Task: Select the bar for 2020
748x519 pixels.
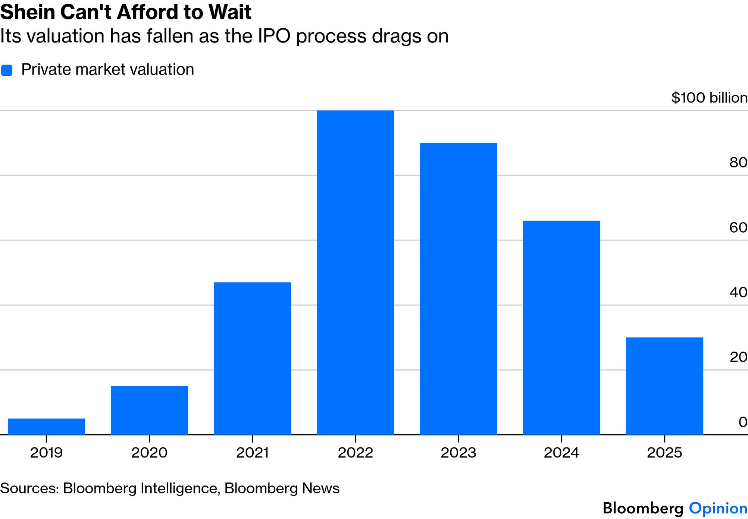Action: coord(149,410)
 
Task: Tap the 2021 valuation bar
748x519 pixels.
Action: coord(252,358)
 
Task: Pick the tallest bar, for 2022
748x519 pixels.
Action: coord(355,272)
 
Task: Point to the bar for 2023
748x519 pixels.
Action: coord(458,289)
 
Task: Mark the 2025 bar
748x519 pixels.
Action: coord(664,386)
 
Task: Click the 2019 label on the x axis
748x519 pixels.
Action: coord(46,453)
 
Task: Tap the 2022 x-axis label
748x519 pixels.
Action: coord(355,453)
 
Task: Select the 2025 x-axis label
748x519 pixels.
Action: coord(664,453)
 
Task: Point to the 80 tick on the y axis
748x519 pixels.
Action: coord(738,163)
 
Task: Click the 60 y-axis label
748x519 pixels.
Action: coord(738,227)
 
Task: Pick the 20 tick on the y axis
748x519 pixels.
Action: coord(738,357)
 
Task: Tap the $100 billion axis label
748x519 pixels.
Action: coord(709,98)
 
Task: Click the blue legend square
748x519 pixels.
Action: coord(7,70)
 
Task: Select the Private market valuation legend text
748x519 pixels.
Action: coord(107,70)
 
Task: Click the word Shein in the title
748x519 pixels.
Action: coord(28,12)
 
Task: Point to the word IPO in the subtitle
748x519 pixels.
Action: coord(274,36)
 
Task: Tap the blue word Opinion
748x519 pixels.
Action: coord(718,508)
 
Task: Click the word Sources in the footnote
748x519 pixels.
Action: coord(29,488)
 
